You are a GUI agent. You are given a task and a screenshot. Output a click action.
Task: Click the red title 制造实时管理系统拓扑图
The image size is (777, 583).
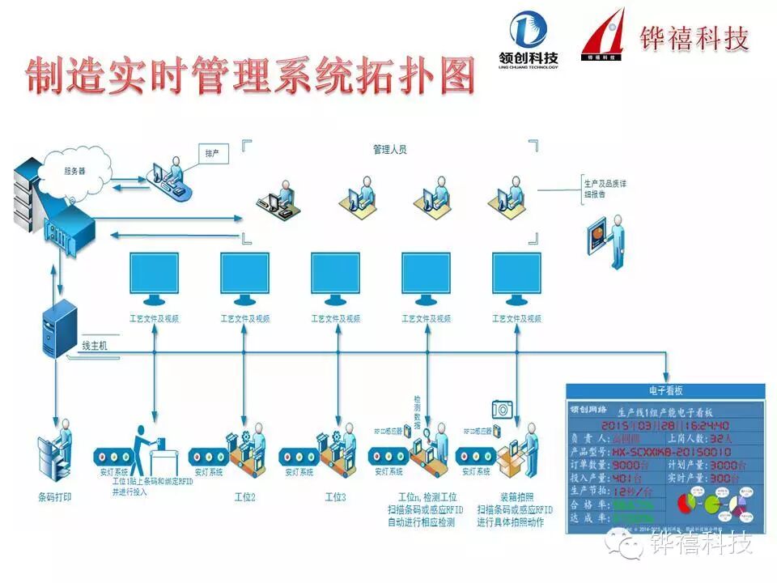[x=249, y=77]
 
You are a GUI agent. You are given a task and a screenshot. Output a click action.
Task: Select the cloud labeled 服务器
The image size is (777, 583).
[x=75, y=171]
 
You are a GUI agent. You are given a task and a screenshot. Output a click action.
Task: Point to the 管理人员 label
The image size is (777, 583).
[x=389, y=150]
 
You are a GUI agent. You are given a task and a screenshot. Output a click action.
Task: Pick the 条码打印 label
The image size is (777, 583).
[x=54, y=496]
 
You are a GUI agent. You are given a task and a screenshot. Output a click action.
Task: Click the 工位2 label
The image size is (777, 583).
[x=244, y=496]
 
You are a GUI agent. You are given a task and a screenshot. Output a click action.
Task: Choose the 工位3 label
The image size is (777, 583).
[x=334, y=496]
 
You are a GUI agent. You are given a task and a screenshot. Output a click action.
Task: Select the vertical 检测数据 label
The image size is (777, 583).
[x=418, y=412]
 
